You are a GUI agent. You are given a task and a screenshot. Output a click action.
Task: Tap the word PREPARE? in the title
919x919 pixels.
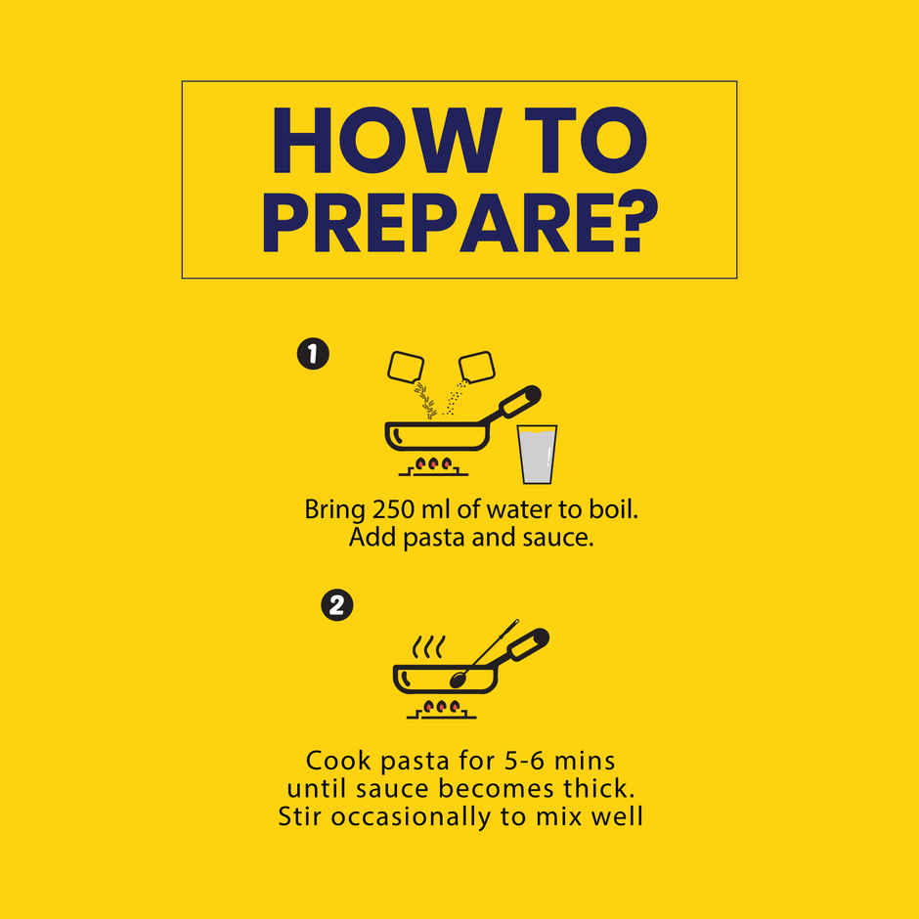tap(460, 222)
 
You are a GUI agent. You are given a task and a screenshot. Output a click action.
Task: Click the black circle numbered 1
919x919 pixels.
tap(313, 354)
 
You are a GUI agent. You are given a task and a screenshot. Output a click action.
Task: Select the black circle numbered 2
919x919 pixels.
tap(337, 605)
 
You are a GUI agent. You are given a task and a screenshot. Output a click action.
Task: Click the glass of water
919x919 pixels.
tap(537, 455)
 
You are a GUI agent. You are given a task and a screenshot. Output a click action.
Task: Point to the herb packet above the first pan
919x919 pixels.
tap(406, 368)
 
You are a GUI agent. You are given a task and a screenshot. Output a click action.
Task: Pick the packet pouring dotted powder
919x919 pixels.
tap(476, 367)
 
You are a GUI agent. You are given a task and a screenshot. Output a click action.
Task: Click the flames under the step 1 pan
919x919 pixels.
tap(433, 464)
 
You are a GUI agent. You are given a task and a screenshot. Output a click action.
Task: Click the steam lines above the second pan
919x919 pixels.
tap(428, 646)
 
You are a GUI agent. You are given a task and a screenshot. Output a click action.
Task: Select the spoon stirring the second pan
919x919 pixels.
tap(484, 654)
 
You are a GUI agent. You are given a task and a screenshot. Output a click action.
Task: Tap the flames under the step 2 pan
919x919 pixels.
tap(441, 707)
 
